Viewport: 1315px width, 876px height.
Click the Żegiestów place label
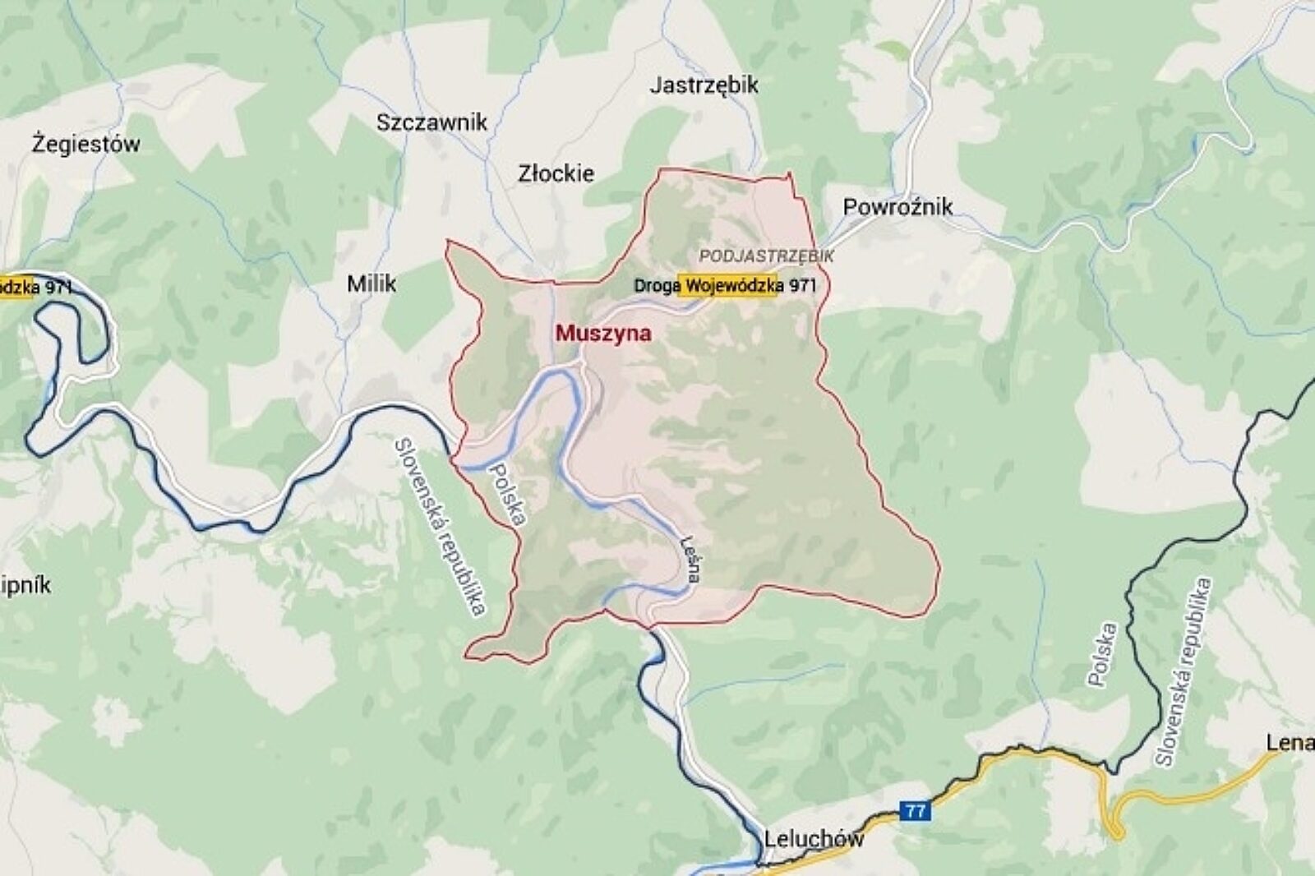click(85, 144)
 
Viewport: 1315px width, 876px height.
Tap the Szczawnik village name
click(431, 122)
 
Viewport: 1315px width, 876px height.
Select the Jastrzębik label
click(704, 85)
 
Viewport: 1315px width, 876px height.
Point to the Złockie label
click(556, 173)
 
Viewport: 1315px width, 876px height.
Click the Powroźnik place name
click(897, 206)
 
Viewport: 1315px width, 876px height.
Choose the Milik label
click(371, 284)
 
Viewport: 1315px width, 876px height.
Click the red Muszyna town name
click(603, 333)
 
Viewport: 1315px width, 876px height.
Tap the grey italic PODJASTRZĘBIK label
click(766, 256)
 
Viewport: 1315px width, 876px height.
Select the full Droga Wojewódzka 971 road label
click(726, 285)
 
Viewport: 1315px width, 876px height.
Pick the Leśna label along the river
click(691, 560)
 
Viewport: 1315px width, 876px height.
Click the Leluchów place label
click(814, 839)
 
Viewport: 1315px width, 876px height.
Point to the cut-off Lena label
click(1290, 743)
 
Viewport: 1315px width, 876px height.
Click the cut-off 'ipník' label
click(25, 585)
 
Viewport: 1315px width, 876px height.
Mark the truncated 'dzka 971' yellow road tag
click(36, 287)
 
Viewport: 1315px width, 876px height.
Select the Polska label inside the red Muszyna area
click(506, 492)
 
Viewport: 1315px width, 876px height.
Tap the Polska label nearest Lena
click(1101, 654)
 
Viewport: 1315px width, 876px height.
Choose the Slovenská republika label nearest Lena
click(1183, 671)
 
